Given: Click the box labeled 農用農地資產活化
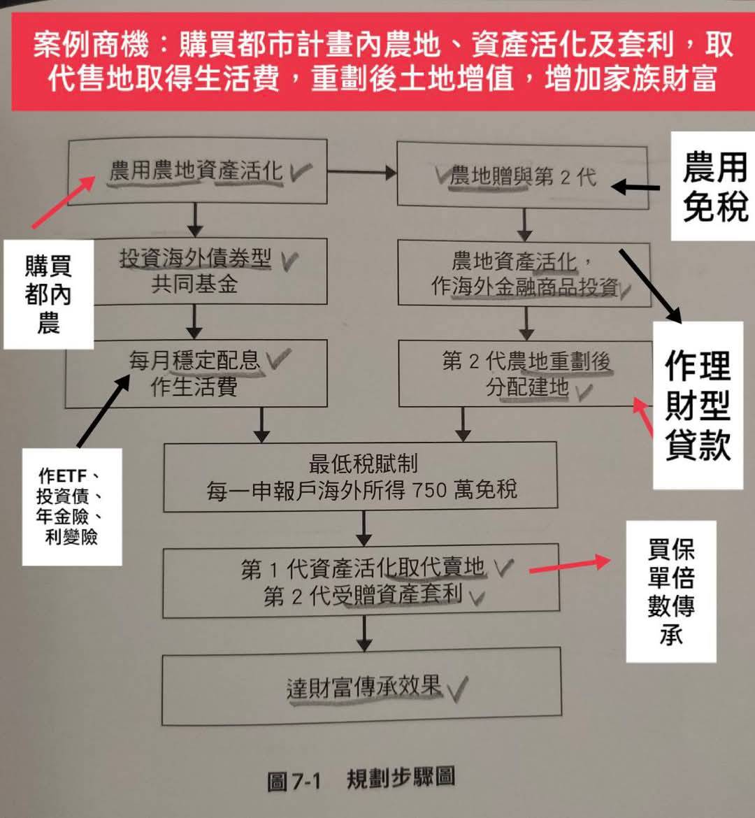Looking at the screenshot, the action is click(197, 171).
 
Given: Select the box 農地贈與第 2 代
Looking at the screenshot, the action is click(522, 176).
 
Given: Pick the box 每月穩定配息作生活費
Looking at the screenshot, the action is click(196, 373).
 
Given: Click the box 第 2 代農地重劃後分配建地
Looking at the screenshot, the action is click(526, 373).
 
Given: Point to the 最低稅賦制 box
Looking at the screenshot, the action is click(360, 476).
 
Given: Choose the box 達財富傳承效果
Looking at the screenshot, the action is click(361, 686).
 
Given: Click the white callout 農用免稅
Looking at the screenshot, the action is click(713, 186).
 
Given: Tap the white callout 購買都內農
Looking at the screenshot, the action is click(48, 294).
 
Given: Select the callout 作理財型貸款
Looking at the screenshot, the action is click(698, 406).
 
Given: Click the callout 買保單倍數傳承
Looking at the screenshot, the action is click(671, 591).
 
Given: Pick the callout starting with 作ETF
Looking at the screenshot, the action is click(72, 507).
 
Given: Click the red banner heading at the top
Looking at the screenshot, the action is click(383, 61).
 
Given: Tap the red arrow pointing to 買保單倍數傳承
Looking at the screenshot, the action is click(570, 566).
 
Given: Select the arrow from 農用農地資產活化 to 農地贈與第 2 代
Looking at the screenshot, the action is click(361, 171).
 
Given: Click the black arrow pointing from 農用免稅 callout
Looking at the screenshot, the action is click(635, 187).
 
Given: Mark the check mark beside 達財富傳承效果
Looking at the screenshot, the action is click(456, 688).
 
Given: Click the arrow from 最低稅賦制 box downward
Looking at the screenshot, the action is click(364, 528).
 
